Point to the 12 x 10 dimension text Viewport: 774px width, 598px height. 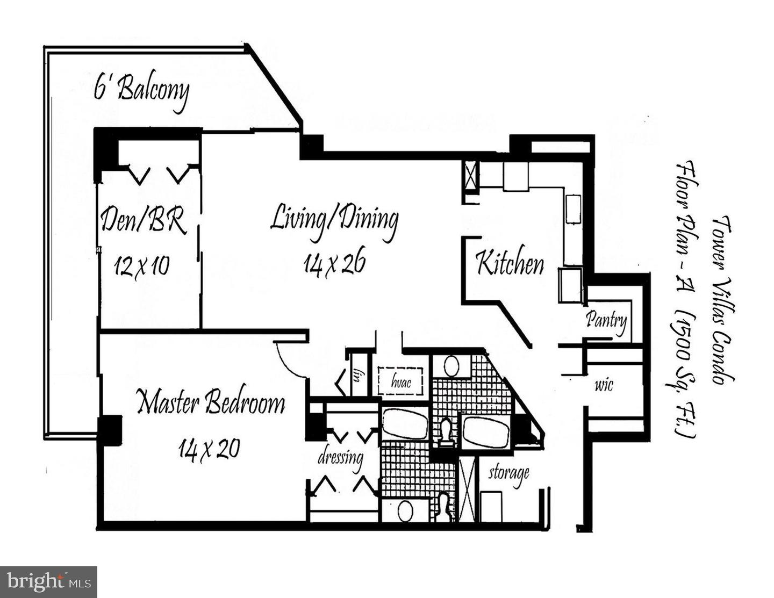(141, 265)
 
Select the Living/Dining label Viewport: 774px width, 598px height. (333, 220)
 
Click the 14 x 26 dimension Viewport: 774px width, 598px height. (334, 264)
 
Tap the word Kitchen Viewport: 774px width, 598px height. (510, 263)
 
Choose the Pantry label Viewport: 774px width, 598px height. (606, 320)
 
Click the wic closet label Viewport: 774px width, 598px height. (604, 385)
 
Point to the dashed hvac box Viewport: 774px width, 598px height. (402, 381)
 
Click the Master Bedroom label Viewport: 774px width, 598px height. (210, 402)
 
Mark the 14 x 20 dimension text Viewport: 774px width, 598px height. (209, 448)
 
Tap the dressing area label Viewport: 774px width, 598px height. (340, 458)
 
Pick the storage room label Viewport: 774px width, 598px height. (508, 473)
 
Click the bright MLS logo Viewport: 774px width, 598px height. (48, 582)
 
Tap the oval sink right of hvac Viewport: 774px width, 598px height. (451, 366)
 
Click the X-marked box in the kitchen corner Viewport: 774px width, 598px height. (470, 176)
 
